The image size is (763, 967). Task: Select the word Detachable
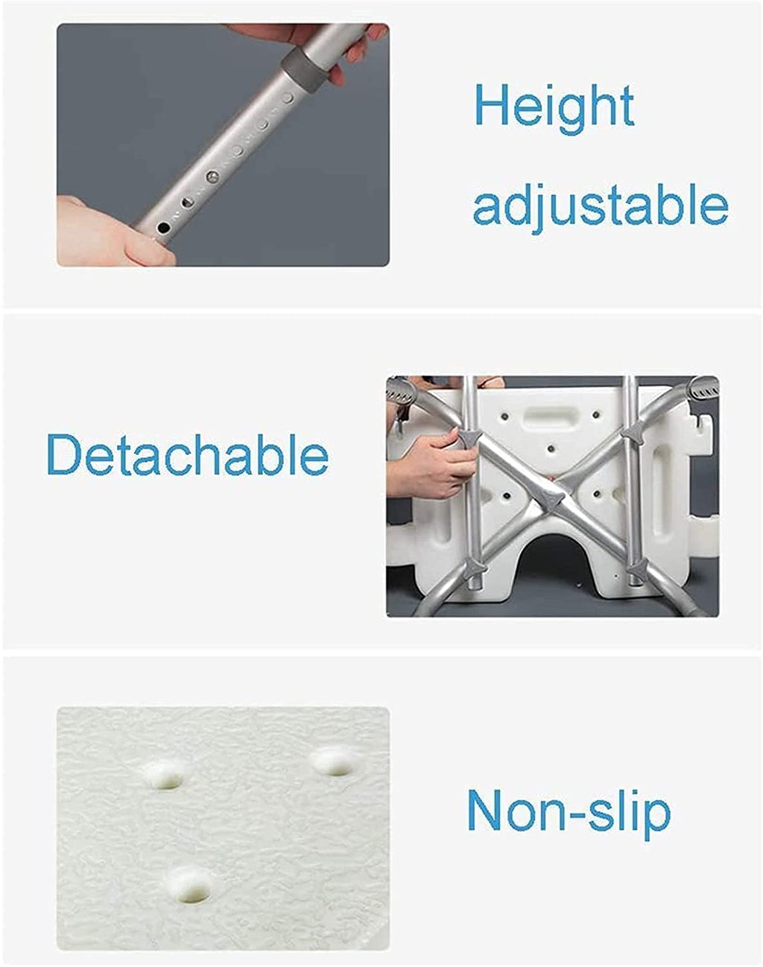click(x=187, y=454)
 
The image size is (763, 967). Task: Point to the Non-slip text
click(x=569, y=813)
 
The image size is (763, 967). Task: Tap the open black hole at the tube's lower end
click(x=164, y=227)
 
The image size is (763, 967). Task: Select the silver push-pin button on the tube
click(x=212, y=177)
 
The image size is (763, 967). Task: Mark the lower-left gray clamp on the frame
click(x=476, y=567)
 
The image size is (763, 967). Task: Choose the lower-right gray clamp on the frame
click(x=638, y=571)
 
